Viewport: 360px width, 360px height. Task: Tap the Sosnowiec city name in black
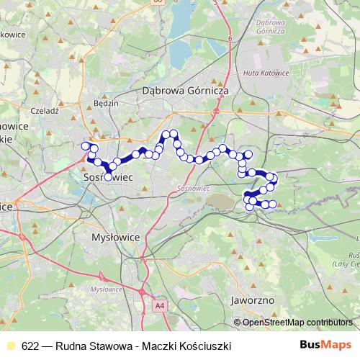point(106,175)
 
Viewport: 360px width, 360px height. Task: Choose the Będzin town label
point(106,103)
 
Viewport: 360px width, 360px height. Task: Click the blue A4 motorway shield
point(159,306)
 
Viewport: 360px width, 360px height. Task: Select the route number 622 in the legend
point(30,346)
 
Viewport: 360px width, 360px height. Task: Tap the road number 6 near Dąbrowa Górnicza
point(229,38)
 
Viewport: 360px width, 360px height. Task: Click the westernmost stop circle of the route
point(85,146)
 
